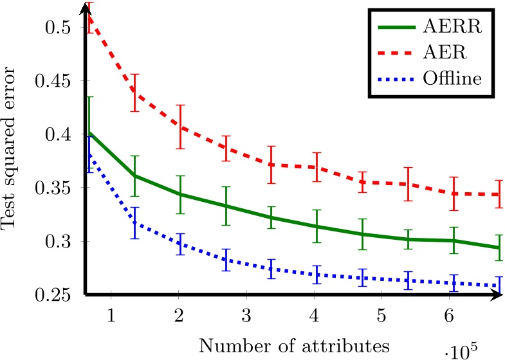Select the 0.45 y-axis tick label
click(56, 82)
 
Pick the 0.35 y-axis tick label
click(56, 188)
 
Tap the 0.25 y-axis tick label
click(56, 295)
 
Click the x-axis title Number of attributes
click(294, 346)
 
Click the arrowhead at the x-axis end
click(497, 295)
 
